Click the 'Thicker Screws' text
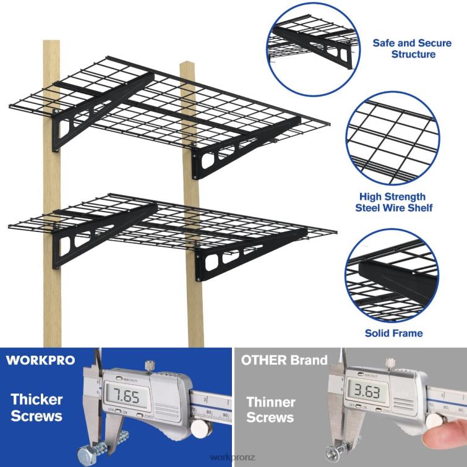(x=36, y=406)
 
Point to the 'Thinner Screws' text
(x=271, y=409)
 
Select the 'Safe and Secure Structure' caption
(x=404, y=49)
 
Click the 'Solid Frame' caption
(x=393, y=333)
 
